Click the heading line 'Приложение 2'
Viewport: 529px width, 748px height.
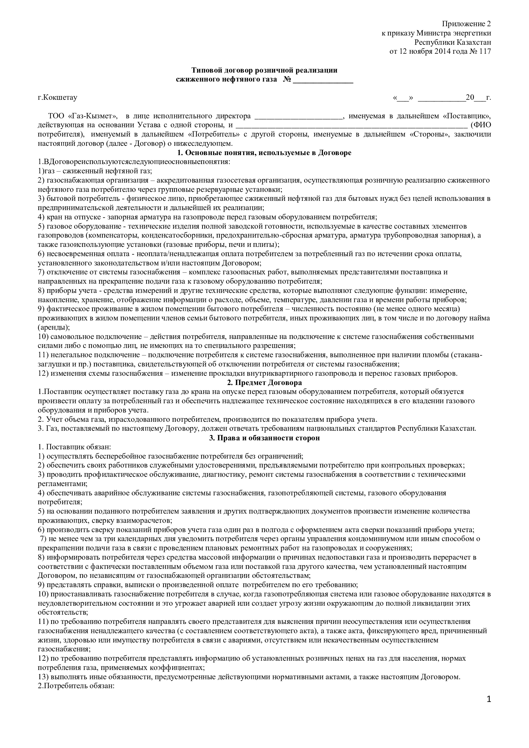(466, 24)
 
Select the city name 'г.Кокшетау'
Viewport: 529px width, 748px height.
(57, 98)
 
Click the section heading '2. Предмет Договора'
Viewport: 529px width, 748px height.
(264, 382)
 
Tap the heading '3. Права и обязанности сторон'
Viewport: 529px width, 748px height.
(264, 438)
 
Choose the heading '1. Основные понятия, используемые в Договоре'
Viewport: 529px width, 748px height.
(264, 153)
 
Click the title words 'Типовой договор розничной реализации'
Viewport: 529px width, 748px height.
(264, 70)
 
